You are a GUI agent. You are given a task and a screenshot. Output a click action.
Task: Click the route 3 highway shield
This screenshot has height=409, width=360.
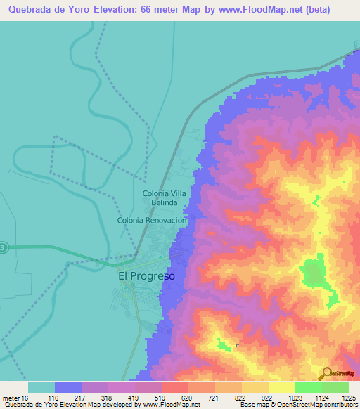(x=4, y=247)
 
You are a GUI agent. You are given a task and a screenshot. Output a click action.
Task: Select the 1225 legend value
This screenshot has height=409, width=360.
(x=347, y=397)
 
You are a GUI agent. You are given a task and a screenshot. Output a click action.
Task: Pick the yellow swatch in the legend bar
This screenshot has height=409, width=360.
(x=281, y=387)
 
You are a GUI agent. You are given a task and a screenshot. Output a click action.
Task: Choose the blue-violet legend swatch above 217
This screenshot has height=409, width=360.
(x=68, y=387)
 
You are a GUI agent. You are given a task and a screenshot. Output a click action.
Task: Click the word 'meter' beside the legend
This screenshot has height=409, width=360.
(x=13, y=397)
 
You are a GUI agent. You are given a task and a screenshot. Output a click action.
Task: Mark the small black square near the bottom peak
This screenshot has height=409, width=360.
(x=237, y=345)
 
